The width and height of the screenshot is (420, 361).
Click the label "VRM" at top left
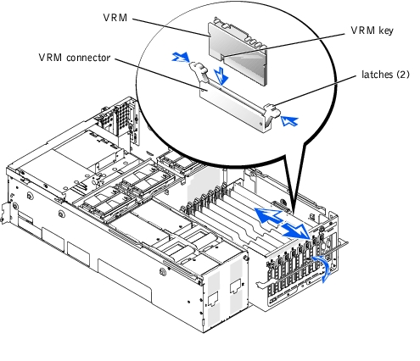click(x=115, y=18)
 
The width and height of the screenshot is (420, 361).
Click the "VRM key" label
click(x=372, y=31)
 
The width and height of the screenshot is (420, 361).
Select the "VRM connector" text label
click(x=75, y=58)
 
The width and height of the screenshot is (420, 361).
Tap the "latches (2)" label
click(x=385, y=75)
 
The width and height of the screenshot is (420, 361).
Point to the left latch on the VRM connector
click(x=199, y=70)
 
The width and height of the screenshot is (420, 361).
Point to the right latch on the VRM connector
click(x=272, y=114)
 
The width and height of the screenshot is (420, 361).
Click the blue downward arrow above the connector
click(x=221, y=75)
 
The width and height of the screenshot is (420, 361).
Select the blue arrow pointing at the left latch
click(x=181, y=57)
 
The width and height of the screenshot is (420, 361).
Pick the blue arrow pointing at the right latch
click(x=289, y=121)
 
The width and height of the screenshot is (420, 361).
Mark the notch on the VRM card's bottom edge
click(x=222, y=58)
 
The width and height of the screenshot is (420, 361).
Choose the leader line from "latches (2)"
click(x=316, y=91)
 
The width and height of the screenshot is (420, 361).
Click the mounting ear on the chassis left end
click(x=6, y=214)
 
